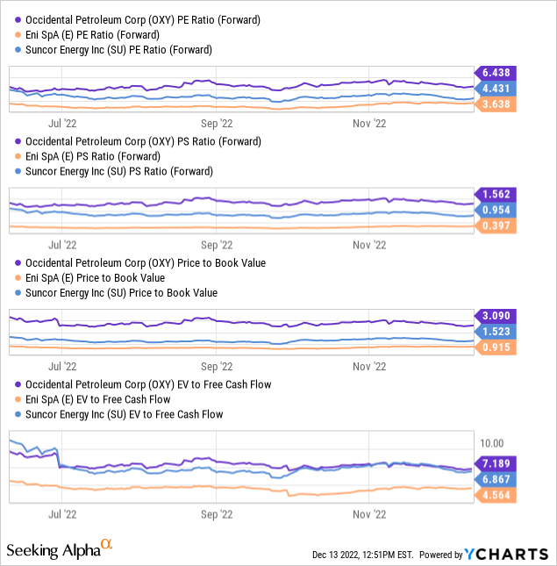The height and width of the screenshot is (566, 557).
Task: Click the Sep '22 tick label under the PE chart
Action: tap(216, 124)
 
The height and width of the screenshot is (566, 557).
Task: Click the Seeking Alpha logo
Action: tap(60, 549)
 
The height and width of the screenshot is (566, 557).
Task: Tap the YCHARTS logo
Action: tap(507, 554)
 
